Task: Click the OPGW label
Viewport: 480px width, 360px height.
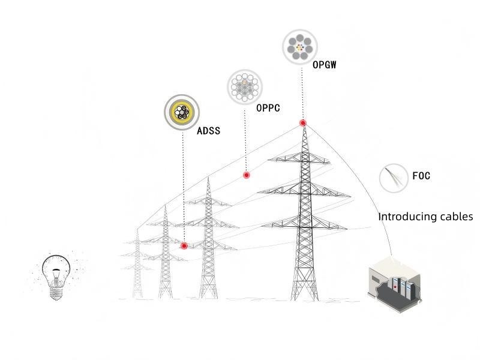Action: click(324, 65)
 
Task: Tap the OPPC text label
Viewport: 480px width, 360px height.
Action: click(268, 108)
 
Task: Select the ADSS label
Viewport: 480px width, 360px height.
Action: click(208, 131)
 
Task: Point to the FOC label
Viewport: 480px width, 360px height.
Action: click(421, 176)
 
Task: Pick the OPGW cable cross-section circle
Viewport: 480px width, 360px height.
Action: click(299, 47)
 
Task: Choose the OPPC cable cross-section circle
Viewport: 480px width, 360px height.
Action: click(245, 86)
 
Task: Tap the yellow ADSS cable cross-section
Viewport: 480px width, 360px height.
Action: click(182, 112)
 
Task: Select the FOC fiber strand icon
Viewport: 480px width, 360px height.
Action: click(394, 178)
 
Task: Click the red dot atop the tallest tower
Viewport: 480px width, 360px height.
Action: click(303, 123)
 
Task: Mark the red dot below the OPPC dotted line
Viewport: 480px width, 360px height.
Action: click(247, 175)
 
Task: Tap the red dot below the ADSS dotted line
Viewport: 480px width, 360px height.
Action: click(184, 245)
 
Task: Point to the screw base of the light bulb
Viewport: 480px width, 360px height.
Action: click(56, 293)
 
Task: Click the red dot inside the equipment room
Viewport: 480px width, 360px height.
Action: click(395, 287)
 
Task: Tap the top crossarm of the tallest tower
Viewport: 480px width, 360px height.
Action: click(299, 158)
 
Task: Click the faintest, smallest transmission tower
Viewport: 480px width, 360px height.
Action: click(137, 263)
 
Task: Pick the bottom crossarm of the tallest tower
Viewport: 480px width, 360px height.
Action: click(304, 223)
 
